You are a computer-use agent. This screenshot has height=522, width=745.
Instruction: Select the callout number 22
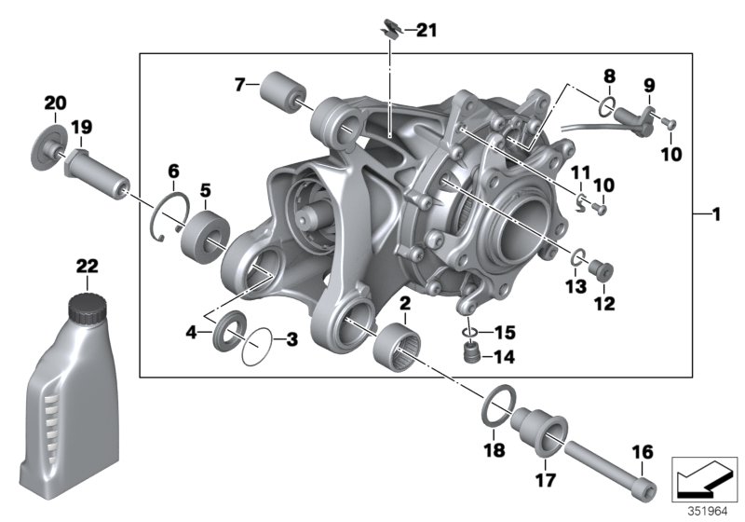(x=86, y=267)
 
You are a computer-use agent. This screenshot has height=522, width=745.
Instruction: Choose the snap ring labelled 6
(x=170, y=219)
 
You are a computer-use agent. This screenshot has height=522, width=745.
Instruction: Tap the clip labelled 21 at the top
(x=390, y=31)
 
